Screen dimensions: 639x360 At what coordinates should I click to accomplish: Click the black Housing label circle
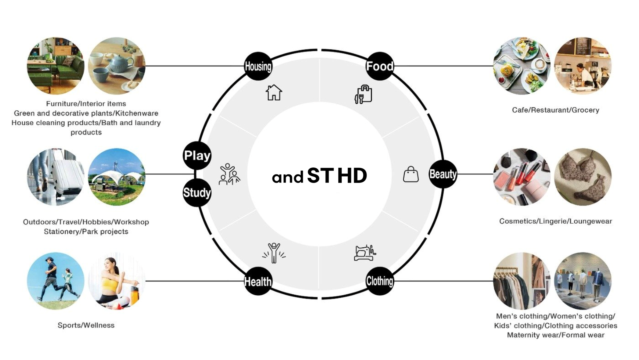click(258, 66)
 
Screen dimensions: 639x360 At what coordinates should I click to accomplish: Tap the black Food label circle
click(380, 66)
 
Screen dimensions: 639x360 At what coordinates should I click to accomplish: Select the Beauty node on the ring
click(443, 174)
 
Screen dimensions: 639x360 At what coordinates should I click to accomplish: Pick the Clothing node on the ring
click(380, 281)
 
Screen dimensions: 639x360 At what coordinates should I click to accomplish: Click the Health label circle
click(258, 281)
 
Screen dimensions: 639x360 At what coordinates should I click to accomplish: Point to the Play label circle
click(197, 156)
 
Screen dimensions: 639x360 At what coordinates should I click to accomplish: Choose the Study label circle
click(197, 192)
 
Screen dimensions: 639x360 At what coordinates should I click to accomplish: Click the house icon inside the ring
click(274, 92)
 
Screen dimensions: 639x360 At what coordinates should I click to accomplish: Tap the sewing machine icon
click(365, 253)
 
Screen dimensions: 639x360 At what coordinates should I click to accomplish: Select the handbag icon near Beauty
click(411, 174)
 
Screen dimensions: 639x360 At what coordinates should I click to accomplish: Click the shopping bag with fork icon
click(363, 94)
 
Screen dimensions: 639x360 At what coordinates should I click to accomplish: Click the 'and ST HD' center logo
click(319, 176)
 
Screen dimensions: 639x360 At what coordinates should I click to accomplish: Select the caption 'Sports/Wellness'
click(86, 325)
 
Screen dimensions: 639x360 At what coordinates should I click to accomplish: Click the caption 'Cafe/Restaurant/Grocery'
click(555, 110)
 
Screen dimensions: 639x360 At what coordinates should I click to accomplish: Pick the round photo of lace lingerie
click(583, 177)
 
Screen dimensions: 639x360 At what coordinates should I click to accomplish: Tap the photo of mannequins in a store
click(583, 281)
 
